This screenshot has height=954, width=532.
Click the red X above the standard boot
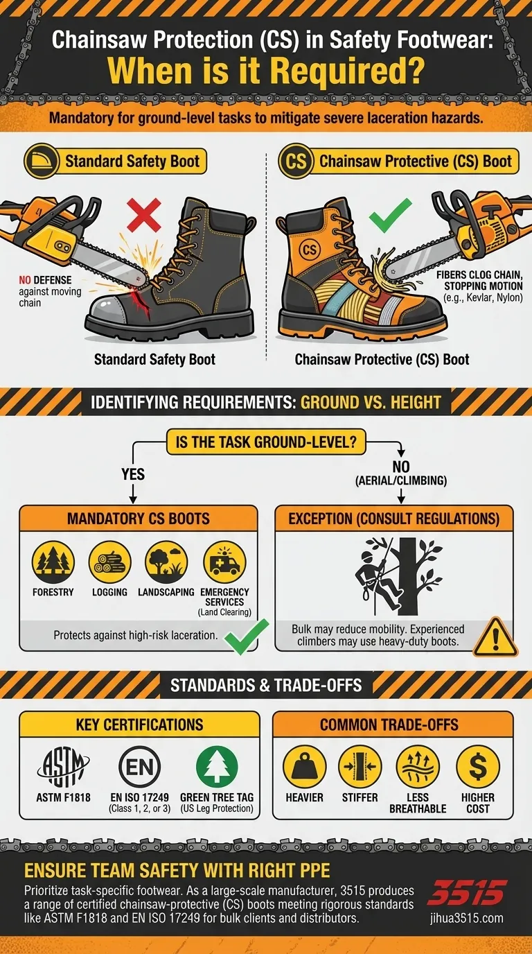[143, 214]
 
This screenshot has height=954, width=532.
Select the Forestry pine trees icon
[53, 561]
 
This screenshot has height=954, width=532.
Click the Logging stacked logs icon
[109, 561]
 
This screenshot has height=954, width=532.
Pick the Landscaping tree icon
[166, 561]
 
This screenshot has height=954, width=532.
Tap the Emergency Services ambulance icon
[224, 561]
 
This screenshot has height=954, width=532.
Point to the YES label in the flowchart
[132, 474]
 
